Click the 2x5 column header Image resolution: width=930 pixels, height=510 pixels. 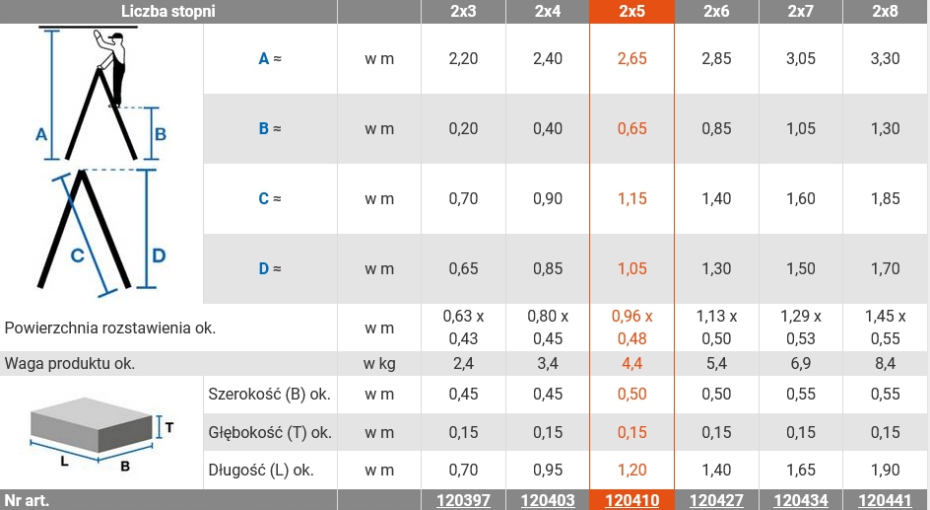tap(631, 12)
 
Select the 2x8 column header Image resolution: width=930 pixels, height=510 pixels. tap(885, 12)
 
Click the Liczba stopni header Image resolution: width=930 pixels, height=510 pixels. tap(167, 12)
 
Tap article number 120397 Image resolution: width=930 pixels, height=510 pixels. tap(463, 500)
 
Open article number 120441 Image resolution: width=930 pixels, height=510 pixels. tap(885, 500)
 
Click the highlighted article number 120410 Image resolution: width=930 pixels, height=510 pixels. tap(631, 500)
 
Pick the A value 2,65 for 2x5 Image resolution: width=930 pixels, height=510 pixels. tap(631, 59)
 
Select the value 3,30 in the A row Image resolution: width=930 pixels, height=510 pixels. tap(885, 59)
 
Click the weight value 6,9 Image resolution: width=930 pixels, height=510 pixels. tap(801, 364)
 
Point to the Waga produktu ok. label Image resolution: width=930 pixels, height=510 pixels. tap(70, 364)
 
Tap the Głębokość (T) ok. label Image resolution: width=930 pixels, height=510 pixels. tap(269, 432)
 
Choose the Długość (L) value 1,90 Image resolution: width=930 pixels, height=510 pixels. tap(885, 470)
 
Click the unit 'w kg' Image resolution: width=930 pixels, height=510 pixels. tap(379, 364)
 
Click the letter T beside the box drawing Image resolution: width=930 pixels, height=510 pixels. tap(169, 428)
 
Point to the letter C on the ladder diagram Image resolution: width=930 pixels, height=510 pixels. tap(76, 255)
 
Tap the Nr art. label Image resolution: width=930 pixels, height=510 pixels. tap(27, 500)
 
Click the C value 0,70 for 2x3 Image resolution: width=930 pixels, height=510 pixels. tap(463, 198)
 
